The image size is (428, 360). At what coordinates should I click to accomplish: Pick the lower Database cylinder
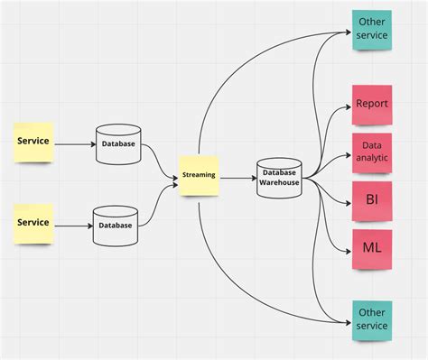pyautogui.click(x=115, y=225)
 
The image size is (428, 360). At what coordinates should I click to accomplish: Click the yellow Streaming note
pyautogui.click(x=199, y=174)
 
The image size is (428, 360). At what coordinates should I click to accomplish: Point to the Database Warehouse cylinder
pyautogui.click(x=279, y=177)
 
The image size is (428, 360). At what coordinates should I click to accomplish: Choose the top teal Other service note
pyautogui.click(x=372, y=28)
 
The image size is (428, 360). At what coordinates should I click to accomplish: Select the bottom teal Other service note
pyautogui.click(x=372, y=318)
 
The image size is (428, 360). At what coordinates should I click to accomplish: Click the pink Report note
pyautogui.click(x=371, y=104)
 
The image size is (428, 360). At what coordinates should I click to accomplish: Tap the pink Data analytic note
pyautogui.click(x=371, y=152)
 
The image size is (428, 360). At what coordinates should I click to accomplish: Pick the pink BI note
pyautogui.click(x=371, y=199)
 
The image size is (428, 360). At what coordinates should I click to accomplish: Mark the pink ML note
pyautogui.click(x=371, y=246)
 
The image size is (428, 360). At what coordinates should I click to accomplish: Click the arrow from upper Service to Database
pyautogui.click(x=72, y=142)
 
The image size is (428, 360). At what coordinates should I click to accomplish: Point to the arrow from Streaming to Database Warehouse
pyautogui.click(x=237, y=178)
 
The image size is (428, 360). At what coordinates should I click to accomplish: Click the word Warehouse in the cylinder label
pyautogui.click(x=279, y=182)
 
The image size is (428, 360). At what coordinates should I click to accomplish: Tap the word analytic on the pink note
pyautogui.click(x=371, y=157)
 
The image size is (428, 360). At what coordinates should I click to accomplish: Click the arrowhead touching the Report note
pyautogui.click(x=349, y=108)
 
